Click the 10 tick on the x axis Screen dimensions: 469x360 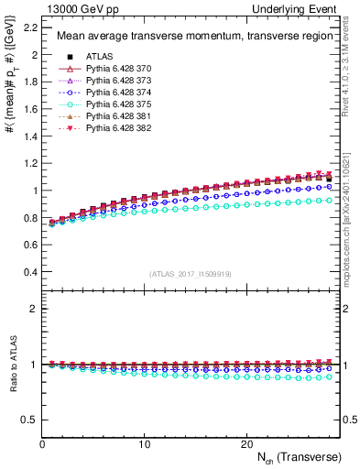pyautogui.click(x=144, y=444)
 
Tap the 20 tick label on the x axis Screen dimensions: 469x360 pyautogui.click(x=245, y=444)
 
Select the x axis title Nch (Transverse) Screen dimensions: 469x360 pyautogui.click(x=300, y=457)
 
